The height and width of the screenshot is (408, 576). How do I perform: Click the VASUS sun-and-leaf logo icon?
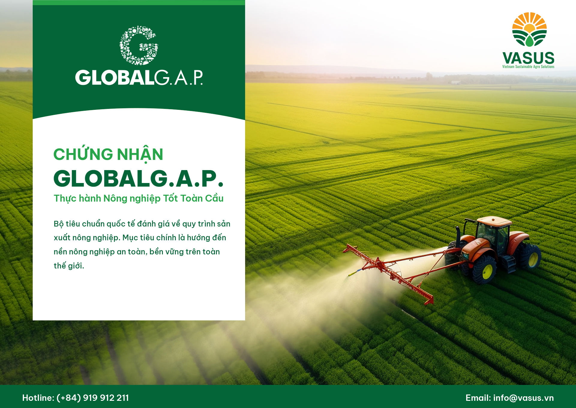(x=529, y=29)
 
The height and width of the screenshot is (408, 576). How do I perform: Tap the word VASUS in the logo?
(x=528, y=58)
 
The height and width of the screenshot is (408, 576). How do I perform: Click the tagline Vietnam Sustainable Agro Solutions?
(x=528, y=67)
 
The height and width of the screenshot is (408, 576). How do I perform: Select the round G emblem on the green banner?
(x=139, y=45)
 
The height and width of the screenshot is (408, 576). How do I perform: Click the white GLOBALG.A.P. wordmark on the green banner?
(x=139, y=78)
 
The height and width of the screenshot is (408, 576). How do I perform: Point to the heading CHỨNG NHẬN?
(x=108, y=154)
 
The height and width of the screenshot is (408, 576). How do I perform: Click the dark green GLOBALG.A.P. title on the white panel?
(x=139, y=178)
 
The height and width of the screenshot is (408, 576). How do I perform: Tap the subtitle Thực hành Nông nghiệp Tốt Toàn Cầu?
(x=139, y=199)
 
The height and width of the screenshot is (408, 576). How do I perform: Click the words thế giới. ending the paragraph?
(x=69, y=266)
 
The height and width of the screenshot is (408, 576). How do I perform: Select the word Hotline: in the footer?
(x=38, y=398)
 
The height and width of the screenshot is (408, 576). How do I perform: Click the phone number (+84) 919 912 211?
(x=93, y=398)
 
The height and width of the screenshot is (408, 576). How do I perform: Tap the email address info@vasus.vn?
(x=523, y=398)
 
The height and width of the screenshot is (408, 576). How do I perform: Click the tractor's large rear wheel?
(x=530, y=256)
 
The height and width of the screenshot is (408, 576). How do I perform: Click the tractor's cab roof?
(x=494, y=221)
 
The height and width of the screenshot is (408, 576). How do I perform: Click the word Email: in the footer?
(x=478, y=398)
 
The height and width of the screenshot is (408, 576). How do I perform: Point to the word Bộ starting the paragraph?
(x=58, y=224)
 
